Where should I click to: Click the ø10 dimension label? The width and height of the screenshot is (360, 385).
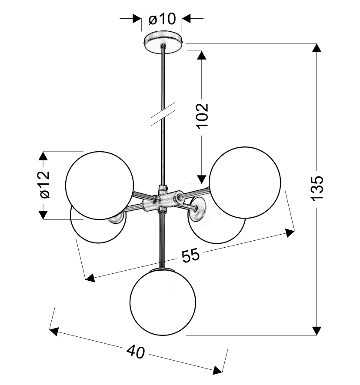162,19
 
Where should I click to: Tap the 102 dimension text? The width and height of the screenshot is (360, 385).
203,115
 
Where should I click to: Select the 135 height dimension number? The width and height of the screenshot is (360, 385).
317,188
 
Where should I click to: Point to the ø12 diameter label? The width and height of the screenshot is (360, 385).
45,184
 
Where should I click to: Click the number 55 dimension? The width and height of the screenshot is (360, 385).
191,256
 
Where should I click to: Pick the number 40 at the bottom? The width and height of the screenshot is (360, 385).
136,352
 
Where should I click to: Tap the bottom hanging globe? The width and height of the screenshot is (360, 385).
163,302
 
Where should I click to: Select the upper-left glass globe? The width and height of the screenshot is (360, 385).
100,186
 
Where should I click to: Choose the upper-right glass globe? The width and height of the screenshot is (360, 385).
245,183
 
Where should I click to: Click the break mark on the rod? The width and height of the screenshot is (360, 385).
163,114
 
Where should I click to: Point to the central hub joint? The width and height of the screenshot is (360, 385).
162,199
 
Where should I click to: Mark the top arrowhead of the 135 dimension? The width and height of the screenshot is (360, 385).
317,48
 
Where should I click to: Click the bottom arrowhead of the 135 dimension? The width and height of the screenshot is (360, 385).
317,331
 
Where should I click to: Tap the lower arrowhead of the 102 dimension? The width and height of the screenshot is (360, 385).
202,179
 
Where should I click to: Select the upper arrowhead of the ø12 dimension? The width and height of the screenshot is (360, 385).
43,156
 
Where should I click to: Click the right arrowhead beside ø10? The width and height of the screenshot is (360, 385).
187,18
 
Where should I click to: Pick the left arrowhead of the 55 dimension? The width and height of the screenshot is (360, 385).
90,278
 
